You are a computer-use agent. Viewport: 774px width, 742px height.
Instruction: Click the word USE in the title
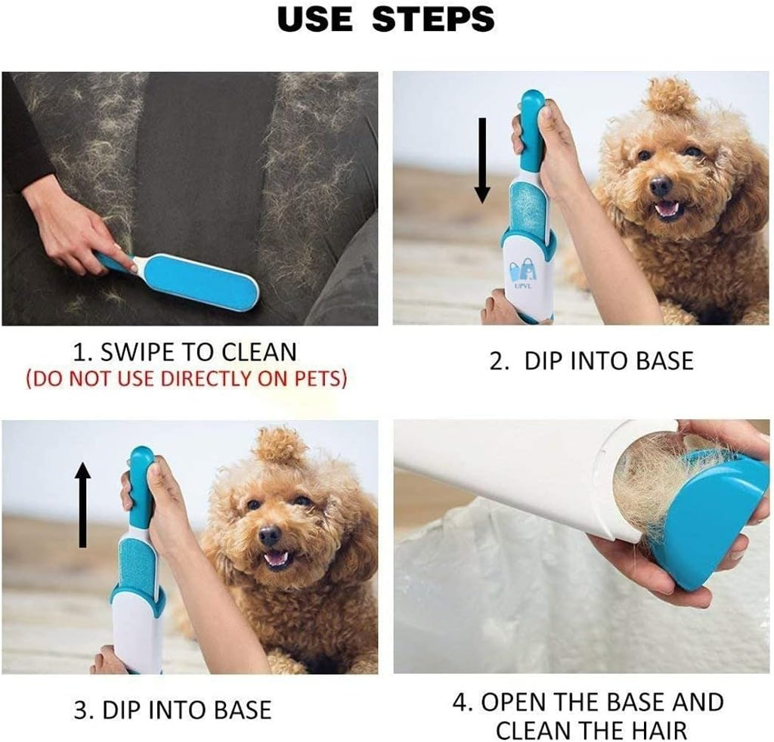coord(317,20)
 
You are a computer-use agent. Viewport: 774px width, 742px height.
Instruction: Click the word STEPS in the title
coord(433,20)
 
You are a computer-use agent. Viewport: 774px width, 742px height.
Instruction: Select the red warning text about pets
coord(187,379)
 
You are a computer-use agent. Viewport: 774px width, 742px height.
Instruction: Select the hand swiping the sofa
coord(76,230)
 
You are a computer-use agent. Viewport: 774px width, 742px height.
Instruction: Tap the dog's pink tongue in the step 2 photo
coord(666,209)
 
